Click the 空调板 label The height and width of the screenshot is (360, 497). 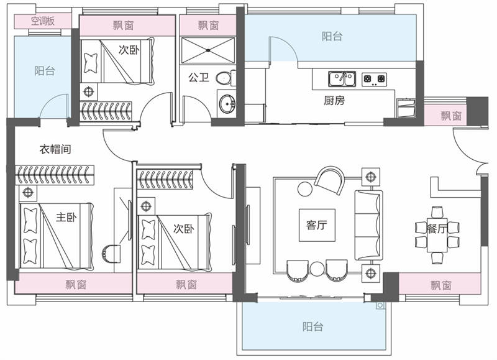coord(43,21)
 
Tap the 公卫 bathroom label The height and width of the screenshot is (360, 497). coord(198,77)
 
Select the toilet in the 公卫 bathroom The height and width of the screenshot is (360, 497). coord(226,78)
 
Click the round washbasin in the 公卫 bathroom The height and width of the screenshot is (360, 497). coord(227,103)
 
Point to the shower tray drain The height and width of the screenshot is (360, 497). coord(208,50)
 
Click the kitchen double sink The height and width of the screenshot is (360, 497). coord(342,79)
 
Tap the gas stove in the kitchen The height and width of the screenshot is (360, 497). coord(375,80)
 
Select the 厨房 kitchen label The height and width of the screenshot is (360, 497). coord(334,101)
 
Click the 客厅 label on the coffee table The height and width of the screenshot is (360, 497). coord(317,225)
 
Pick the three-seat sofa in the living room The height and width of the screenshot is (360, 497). coord(368,225)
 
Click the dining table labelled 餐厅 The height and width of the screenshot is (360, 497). coord(437,234)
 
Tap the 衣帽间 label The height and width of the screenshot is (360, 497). coord(55,149)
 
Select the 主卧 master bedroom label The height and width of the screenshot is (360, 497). coord(66,217)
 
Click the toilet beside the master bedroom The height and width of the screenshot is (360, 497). coord(111,254)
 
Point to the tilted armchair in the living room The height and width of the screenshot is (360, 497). coord(329,180)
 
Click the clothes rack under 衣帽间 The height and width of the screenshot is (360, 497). coord(55,175)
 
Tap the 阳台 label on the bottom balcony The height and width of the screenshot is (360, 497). coord(313,326)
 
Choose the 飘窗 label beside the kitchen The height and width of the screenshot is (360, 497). coord(451,116)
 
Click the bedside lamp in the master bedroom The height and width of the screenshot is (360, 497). coord(28,193)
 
